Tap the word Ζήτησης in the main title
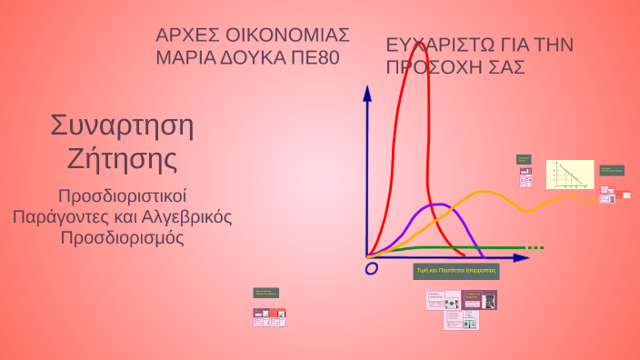pos(122,160)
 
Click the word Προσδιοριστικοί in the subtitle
pos(122,196)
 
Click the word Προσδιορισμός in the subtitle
pos(122,238)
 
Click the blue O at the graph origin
pos(371,269)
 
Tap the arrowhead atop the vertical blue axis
pos(367,93)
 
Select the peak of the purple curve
pos(436,205)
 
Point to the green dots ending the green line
pos(535,247)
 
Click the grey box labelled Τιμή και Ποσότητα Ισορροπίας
pos(456,271)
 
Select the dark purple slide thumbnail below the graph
pos(479,300)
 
